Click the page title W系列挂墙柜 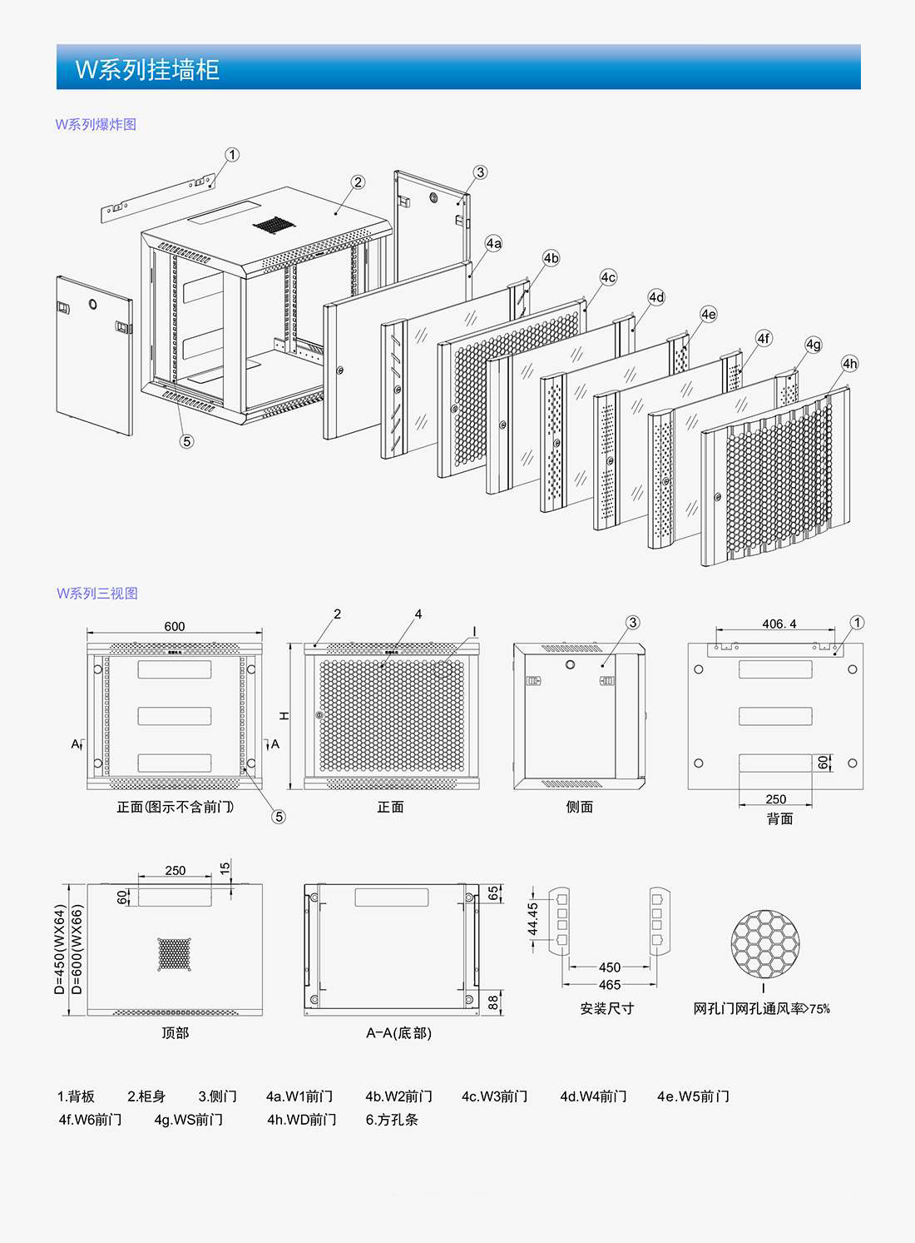pyautogui.click(x=147, y=69)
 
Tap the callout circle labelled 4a pyautogui.click(x=494, y=243)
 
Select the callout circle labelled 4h pyautogui.click(x=849, y=364)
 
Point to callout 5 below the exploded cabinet pyautogui.click(x=186, y=441)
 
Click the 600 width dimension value pyautogui.click(x=175, y=627)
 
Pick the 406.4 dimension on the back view pyautogui.click(x=779, y=624)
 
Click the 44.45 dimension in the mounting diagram pyautogui.click(x=533, y=920)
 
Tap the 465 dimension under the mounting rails pyautogui.click(x=610, y=985)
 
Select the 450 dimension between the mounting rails pyautogui.click(x=610, y=967)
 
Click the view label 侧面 pyautogui.click(x=580, y=807)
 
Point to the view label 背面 pyautogui.click(x=779, y=819)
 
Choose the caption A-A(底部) pyautogui.click(x=398, y=1033)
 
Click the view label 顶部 pyautogui.click(x=175, y=1033)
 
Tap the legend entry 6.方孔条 pyautogui.click(x=392, y=1120)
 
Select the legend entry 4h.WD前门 pyautogui.click(x=302, y=1120)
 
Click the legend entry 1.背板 pyautogui.click(x=76, y=1096)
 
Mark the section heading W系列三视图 pyautogui.click(x=97, y=594)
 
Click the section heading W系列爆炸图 pyautogui.click(x=96, y=125)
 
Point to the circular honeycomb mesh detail pyautogui.click(x=764, y=943)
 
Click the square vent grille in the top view pyautogui.click(x=175, y=954)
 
